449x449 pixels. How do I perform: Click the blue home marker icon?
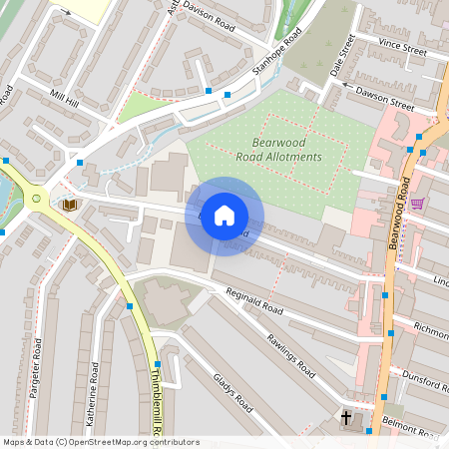(224, 216)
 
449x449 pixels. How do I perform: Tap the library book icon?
(70, 205)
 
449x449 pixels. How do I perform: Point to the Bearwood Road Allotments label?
(279, 150)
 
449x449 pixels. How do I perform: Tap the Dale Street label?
(342, 56)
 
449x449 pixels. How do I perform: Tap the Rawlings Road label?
(290, 354)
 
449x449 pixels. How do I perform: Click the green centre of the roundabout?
(36, 199)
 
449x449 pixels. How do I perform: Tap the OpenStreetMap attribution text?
(87, 441)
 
